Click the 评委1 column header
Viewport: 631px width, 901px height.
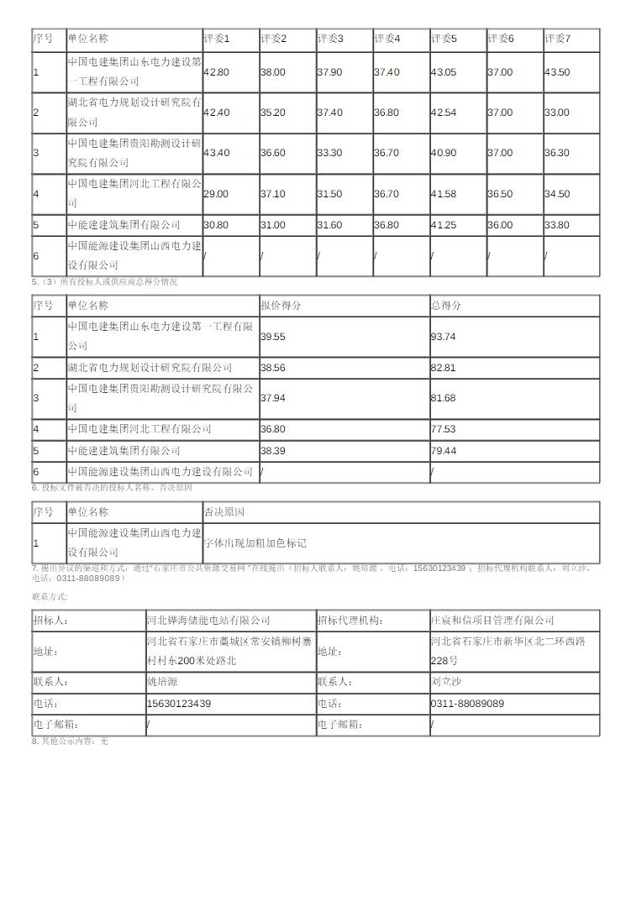[x=217, y=39]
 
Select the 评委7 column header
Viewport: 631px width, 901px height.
[x=558, y=39]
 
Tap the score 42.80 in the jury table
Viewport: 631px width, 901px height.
[x=216, y=72]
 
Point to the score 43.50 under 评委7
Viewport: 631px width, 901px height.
[x=557, y=72]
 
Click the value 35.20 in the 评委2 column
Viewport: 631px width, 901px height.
[x=273, y=113]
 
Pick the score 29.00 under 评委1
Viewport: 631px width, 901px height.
[x=216, y=194]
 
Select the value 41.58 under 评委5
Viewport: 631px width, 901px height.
[x=444, y=194]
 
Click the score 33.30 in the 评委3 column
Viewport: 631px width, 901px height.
[x=329, y=153]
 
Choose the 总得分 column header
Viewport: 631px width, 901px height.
[x=446, y=306]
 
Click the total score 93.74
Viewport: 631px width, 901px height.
[x=443, y=336]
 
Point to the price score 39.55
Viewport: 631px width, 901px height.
[x=273, y=336]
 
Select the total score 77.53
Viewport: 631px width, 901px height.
[x=443, y=429]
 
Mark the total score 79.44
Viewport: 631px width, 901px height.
[x=443, y=451]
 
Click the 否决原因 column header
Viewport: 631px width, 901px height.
[x=224, y=511]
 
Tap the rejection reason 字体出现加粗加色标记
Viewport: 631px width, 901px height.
[x=255, y=543]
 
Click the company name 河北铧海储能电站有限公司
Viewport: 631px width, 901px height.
[x=208, y=621]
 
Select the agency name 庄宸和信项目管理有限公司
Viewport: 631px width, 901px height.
[x=492, y=621]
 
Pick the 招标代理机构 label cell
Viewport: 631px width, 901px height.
[x=350, y=621]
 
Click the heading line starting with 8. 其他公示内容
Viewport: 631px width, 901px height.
[x=71, y=741]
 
